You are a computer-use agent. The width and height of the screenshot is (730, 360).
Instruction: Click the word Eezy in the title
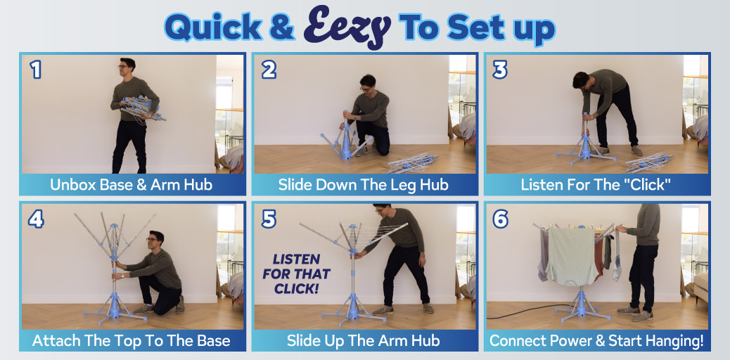347,26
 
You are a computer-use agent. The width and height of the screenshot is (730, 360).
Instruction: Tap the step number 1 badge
36,70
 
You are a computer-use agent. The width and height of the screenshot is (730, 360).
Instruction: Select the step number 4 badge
36,219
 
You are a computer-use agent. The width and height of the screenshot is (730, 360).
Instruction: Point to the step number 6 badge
501,219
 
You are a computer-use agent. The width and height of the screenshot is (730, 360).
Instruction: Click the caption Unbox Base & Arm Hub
132,185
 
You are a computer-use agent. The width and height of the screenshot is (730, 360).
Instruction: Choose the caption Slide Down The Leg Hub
363,185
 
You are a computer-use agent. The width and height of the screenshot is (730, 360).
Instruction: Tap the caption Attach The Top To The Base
132,340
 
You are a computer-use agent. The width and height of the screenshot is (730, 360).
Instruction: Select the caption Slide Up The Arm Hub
363,340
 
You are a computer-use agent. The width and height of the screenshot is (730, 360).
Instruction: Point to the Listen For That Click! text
297,274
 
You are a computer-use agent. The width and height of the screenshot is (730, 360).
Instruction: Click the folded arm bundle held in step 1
141,108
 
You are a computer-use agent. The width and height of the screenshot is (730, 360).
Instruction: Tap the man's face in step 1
124,67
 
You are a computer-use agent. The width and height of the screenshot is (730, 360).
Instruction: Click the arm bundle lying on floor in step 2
413,162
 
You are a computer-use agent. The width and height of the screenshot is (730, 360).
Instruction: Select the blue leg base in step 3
586,150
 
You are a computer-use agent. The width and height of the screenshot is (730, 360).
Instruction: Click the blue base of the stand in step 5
353,311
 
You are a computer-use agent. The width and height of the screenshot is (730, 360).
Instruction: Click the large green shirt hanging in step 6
572,256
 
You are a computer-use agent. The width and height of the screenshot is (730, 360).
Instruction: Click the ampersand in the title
282,27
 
